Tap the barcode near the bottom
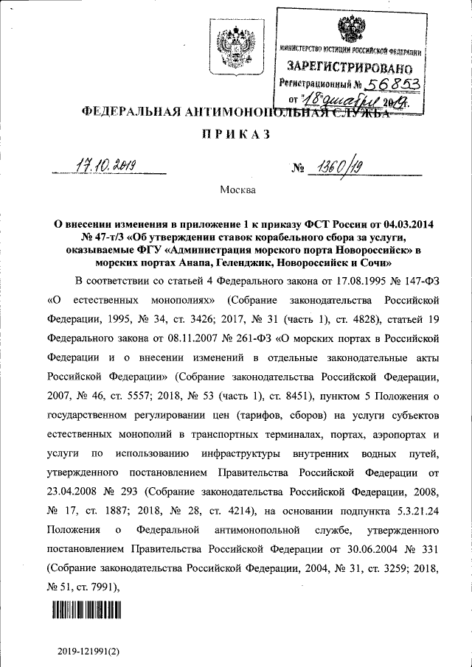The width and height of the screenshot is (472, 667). click(86, 609)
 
